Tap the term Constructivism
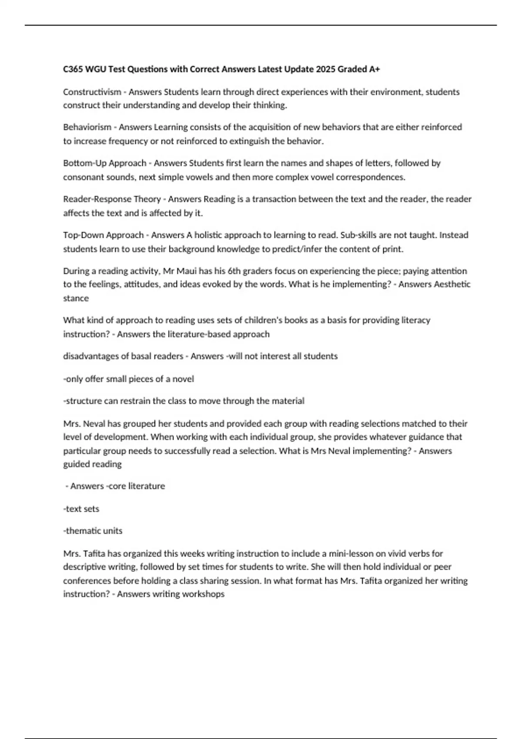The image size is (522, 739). pyautogui.click(x=92, y=92)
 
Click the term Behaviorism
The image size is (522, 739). pyautogui.click(x=87, y=127)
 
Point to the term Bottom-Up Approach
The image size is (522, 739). pyautogui.click(x=104, y=163)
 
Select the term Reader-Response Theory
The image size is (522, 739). pyautogui.click(x=112, y=199)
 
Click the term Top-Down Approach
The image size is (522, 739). pyautogui.click(x=103, y=235)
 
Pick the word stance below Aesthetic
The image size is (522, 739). pyautogui.click(x=76, y=298)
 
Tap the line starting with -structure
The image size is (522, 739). pyautogui.click(x=184, y=401)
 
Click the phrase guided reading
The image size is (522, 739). pyautogui.click(x=92, y=464)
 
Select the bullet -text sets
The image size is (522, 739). pyautogui.click(x=81, y=509)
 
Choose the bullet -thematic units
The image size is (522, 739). pyautogui.click(x=93, y=531)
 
